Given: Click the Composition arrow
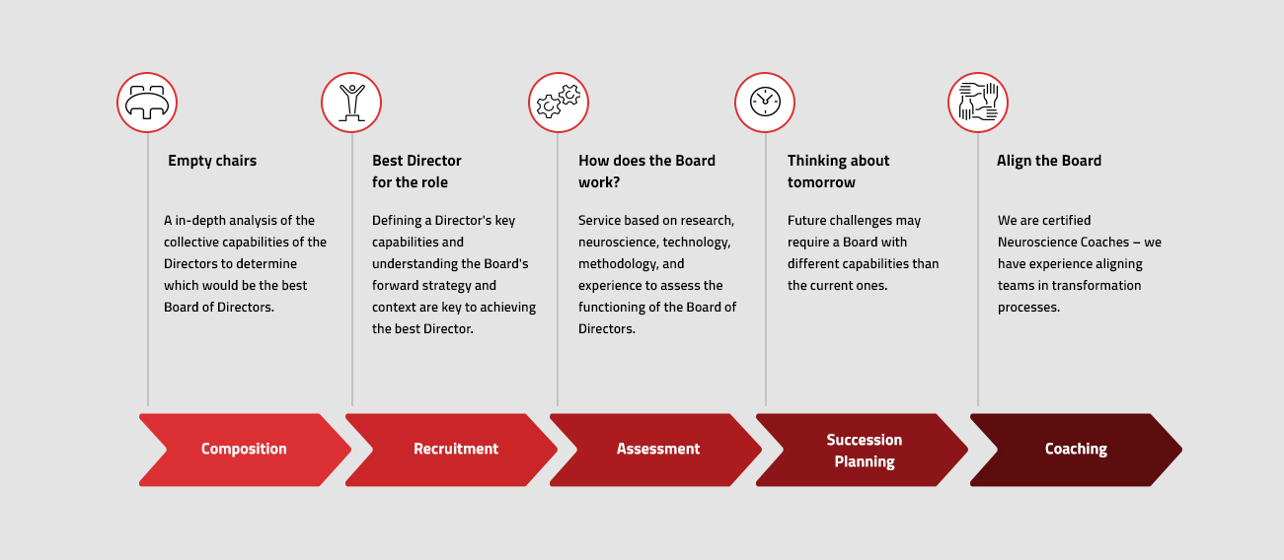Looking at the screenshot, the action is pos(245,450).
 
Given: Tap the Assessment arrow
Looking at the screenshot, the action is pos(655,450).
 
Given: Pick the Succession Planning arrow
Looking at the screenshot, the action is pos(863,450).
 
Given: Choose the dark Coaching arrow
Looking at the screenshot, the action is pos(1076,450).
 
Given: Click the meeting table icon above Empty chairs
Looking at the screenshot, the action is pos(147,103).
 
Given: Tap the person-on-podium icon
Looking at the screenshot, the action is pos(351,103).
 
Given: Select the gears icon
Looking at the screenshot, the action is pos(559,103).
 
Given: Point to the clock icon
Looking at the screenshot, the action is pos(765,103).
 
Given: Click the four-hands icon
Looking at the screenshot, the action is pos(978,103).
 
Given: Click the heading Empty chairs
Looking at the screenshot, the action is pos(212,161).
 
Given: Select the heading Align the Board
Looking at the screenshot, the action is pos(1049,161).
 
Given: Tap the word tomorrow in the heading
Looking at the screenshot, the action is pos(821,182).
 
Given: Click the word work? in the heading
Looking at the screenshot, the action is pos(599,182).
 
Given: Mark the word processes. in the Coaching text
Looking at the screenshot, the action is pos(1029,308).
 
